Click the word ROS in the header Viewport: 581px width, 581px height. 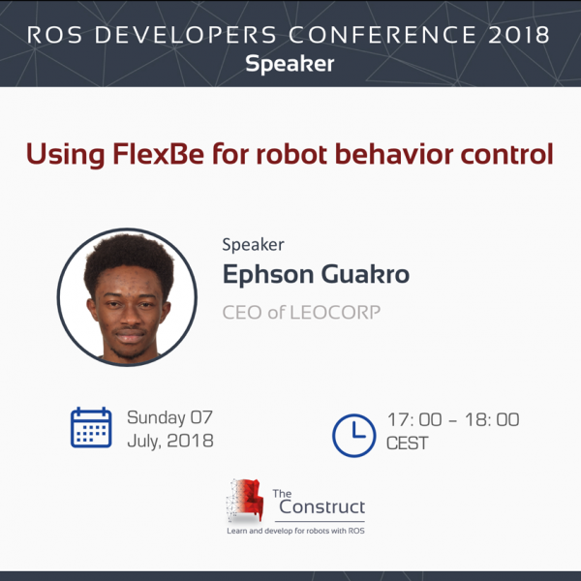(54, 35)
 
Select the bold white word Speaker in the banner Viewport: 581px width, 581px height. (290, 64)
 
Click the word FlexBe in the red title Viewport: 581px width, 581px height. (158, 154)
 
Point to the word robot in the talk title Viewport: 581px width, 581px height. (291, 154)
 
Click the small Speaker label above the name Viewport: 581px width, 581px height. (253, 245)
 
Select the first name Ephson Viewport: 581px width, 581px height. (268, 275)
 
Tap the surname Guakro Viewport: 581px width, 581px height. (365, 274)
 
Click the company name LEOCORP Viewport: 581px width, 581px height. (335, 313)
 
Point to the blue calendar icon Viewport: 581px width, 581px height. (91, 427)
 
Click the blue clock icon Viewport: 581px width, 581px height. (353, 436)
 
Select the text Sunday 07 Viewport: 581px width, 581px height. (169, 417)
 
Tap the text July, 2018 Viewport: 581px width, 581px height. (170, 441)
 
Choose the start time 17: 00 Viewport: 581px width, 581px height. (414, 420)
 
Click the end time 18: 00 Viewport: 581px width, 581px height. (492, 420)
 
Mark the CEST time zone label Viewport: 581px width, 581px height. (408, 443)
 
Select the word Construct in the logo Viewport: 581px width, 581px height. (322, 506)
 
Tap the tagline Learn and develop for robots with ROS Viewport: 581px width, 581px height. (295, 531)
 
